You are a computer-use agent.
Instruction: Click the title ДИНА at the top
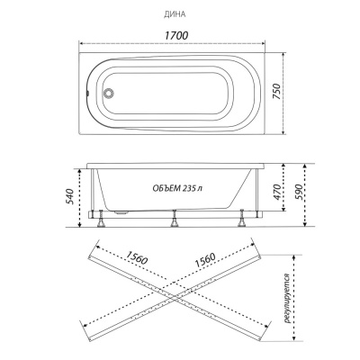tap(175, 14)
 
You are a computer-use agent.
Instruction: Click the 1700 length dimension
tap(176, 35)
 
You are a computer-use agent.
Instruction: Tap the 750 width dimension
tap(277, 92)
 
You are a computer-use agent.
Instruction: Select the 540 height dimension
tap(69, 196)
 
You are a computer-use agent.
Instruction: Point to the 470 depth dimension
tap(277, 192)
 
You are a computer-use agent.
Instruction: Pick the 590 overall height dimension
tap(299, 192)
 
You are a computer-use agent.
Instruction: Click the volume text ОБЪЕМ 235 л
tap(177, 188)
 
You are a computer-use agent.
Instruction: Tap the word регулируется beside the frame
tap(289, 299)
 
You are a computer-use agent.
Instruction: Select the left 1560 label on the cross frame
tap(137, 258)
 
